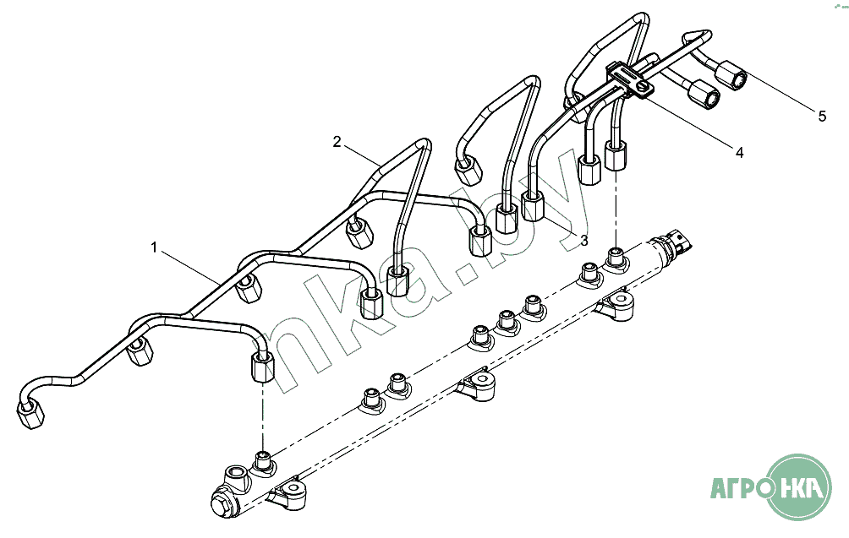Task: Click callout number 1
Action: click(x=154, y=247)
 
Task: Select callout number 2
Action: click(x=337, y=141)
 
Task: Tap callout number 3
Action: click(x=583, y=240)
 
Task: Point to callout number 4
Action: click(x=739, y=153)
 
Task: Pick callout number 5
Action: click(x=821, y=117)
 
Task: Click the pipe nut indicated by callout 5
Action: click(x=732, y=78)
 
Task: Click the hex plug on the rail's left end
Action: click(x=222, y=504)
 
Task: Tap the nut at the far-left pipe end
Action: click(x=32, y=414)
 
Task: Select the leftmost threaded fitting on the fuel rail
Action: click(x=264, y=464)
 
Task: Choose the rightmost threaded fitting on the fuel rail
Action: click(x=616, y=254)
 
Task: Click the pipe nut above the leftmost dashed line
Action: click(x=264, y=367)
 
